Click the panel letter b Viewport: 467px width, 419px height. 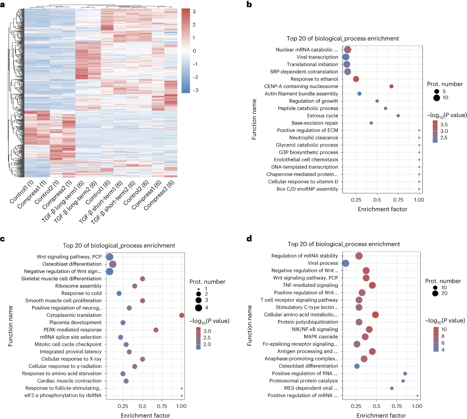(x=249, y=4)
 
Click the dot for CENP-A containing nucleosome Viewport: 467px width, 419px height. (x=391, y=86)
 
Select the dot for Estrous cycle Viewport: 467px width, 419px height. (x=398, y=116)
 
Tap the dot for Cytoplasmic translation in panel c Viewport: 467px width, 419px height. (x=182, y=315)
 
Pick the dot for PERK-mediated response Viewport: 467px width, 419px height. (x=156, y=330)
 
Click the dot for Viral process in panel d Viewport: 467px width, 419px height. (x=345, y=263)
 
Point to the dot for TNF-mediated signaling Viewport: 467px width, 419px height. (x=372, y=285)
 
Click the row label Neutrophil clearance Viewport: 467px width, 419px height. (x=313, y=138)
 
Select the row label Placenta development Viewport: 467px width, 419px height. (x=75, y=323)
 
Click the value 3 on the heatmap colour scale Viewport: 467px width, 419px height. (x=194, y=11)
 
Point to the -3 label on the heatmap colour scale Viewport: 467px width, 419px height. (x=195, y=90)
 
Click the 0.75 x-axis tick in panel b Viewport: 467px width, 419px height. (x=398, y=200)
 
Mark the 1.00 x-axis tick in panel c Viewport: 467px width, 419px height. (x=181, y=406)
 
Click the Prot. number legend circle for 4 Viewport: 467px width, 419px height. (x=199, y=308)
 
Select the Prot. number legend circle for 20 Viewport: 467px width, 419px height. (x=435, y=294)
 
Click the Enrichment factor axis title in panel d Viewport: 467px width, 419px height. (x=381, y=415)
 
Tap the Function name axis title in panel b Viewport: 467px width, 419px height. (x=254, y=119)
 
